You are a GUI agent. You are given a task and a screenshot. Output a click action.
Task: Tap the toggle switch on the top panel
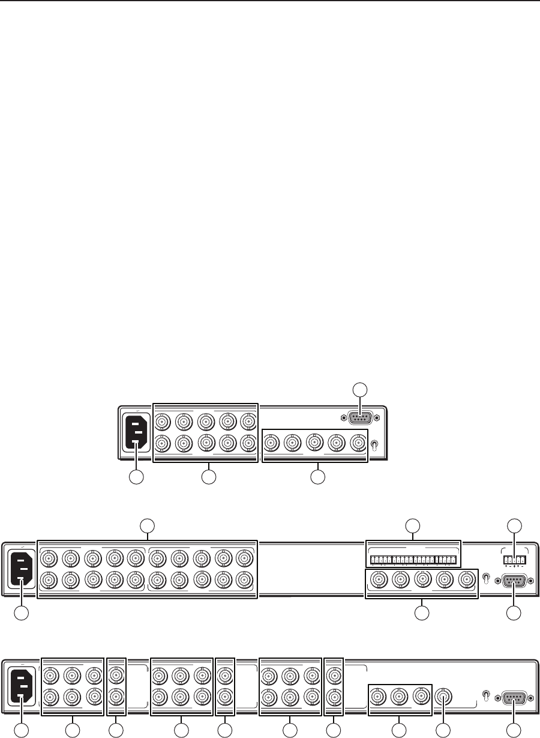pos(374,446)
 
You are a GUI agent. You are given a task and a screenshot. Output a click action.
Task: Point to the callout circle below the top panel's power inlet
pos(137,477)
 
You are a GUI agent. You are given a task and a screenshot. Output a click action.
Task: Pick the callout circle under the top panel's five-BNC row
pos(318,477)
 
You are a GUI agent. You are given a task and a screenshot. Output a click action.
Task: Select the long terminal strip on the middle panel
pos(413,560)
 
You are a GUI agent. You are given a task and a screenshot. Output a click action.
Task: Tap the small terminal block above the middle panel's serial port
pos(514,559)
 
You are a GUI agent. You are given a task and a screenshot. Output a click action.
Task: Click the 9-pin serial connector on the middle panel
pos(514,581)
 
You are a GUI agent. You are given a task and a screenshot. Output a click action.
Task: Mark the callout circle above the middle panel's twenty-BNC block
pos(147,527)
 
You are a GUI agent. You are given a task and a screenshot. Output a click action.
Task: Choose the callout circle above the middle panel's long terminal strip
pos(413,527)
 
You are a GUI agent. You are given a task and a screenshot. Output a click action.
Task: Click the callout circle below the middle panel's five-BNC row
pos(422,613)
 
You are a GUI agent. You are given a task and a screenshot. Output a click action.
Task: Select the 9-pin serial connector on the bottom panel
pos(514,697)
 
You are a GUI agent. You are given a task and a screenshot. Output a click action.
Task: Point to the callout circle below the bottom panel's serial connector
pos(514,729)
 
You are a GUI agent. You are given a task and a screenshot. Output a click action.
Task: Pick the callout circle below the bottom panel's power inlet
pos(21,729)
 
